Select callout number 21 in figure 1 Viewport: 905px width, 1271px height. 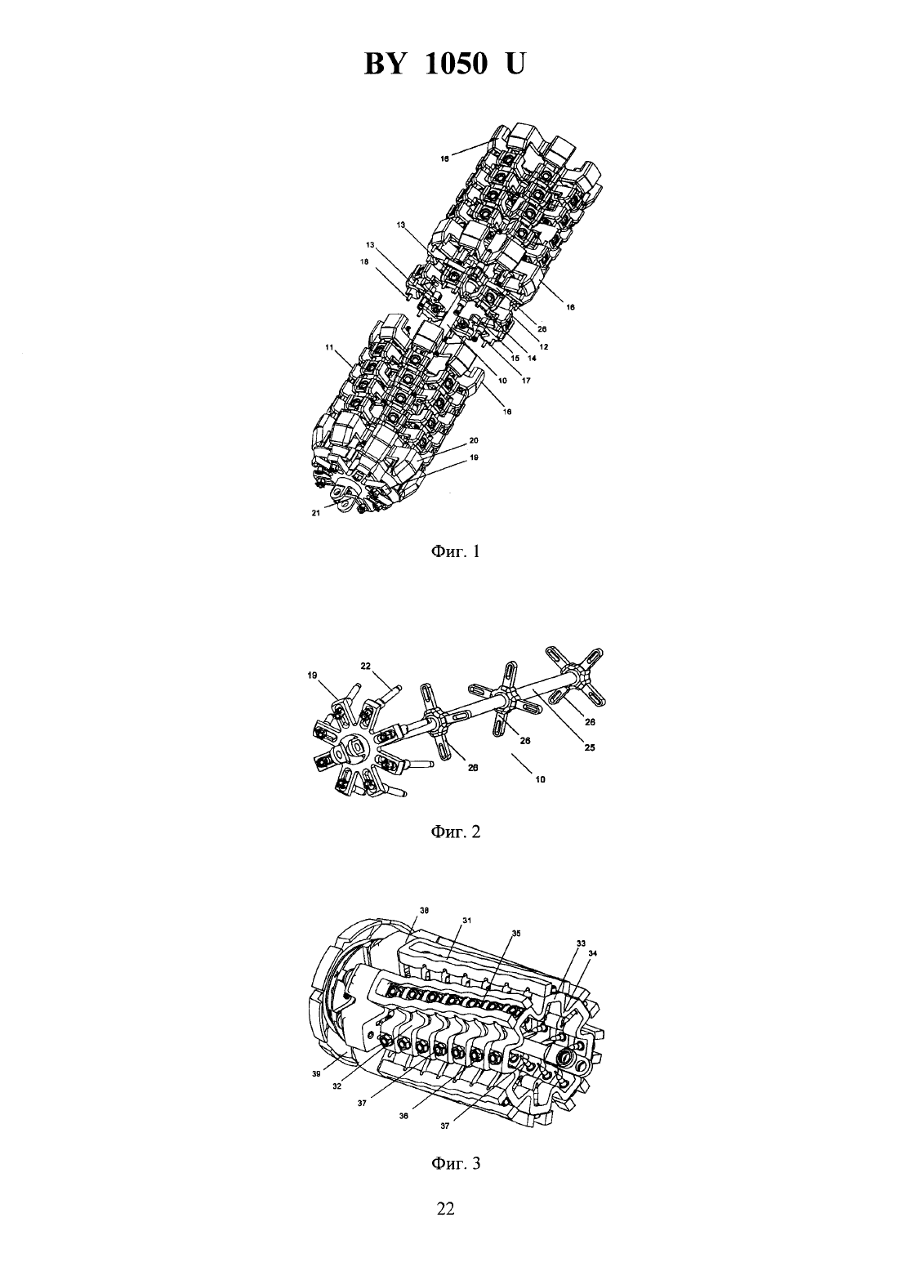[x=315, y=513]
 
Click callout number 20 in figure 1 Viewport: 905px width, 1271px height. [x=475, y=440]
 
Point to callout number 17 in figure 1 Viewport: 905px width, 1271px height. [x=526, y=381]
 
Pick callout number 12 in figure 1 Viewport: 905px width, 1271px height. [x=544, y=346]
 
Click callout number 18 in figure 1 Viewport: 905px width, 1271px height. [x=364, y=261]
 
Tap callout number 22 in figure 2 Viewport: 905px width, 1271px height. [x=365, y=666]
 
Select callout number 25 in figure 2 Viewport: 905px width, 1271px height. [x=590, y=748]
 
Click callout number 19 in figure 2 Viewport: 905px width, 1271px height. [x=313, y=676]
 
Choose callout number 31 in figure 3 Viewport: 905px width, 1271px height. [x=467, y=921]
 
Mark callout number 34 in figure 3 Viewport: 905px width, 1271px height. [x=593, y=953]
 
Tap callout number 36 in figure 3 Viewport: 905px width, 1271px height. [x=404, y=1115]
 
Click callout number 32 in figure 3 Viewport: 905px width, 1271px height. [x=337, y=1086]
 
